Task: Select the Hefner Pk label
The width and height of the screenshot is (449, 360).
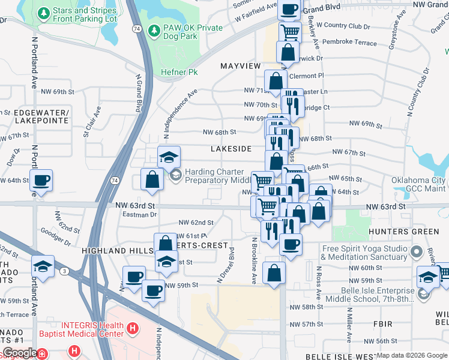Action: pos(179,72)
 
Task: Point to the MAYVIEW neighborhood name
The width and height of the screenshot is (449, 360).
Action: pos(241,65)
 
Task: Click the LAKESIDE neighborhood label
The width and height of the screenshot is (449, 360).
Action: pos(231,148)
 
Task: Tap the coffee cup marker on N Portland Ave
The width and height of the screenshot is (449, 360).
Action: pos(41,180)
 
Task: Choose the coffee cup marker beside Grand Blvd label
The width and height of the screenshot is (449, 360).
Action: pos(289,9)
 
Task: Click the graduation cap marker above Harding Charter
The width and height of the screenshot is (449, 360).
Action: pos(169,157)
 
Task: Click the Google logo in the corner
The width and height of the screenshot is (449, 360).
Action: pos(20,353)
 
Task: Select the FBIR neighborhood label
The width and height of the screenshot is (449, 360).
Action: pos(382,324)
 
